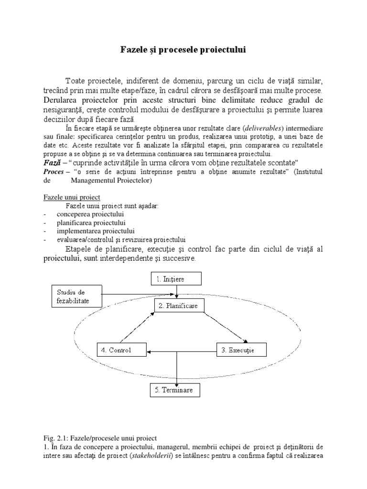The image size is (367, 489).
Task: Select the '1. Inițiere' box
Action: [x=177, y=278]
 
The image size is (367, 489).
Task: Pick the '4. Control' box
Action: [x=120, y=350]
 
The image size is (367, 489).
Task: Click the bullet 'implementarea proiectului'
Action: [x=96, y=231]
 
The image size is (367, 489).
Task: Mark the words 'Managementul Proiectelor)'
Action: [x=111, y=181]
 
